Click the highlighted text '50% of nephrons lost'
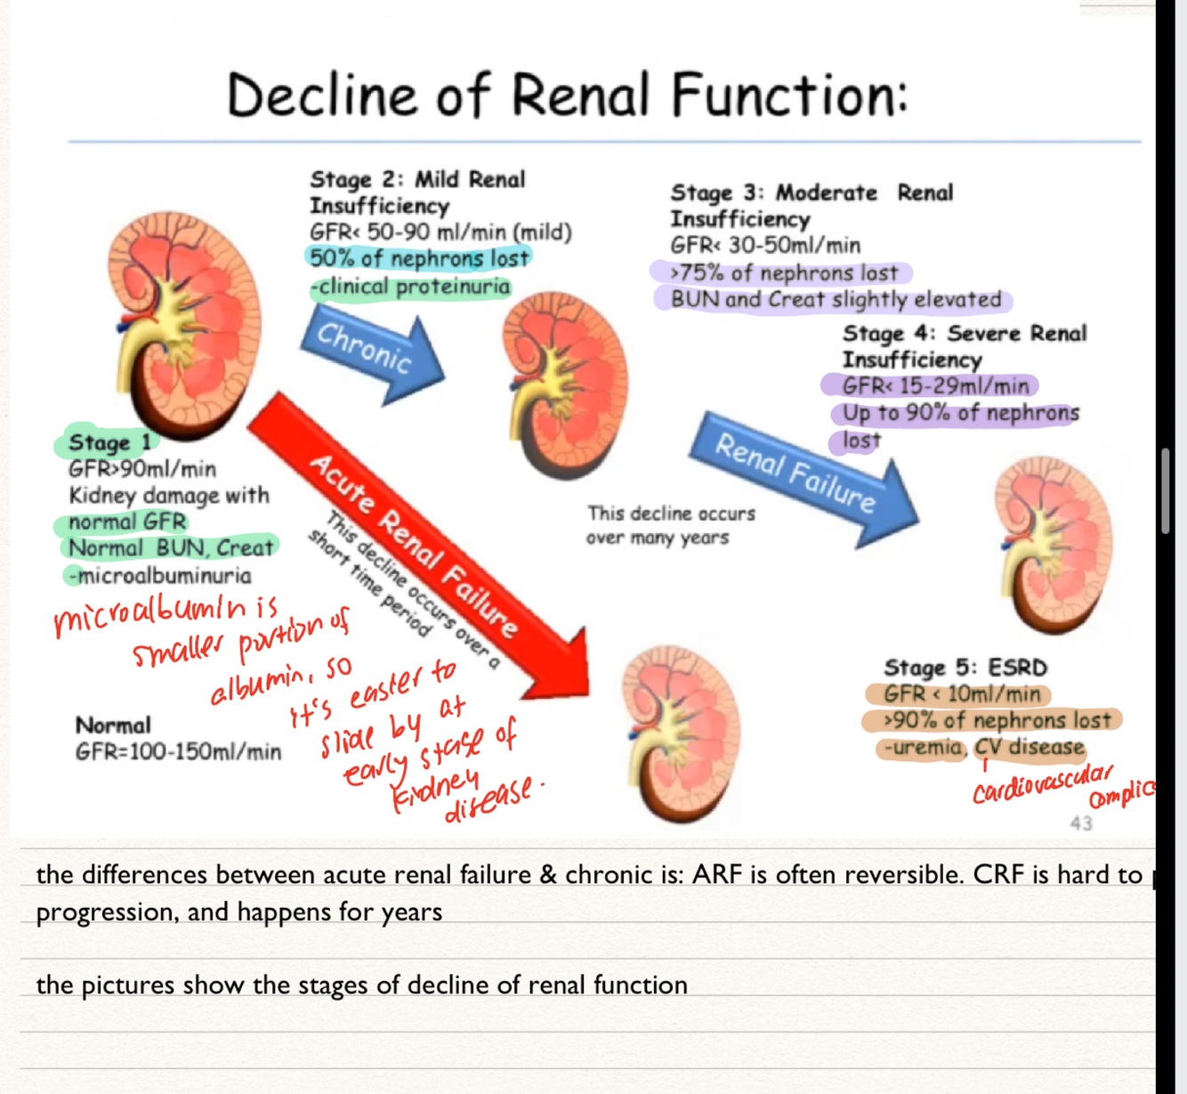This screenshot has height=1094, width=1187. pyautogui.click(x=419, y=258)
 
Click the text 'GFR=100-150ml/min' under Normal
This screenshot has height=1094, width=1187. pyautogui.click(x=178, y=752)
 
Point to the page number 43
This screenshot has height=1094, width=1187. pyautogui.click(x=1081, y=823)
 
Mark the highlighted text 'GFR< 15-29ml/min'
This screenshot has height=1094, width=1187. pyautogui.click(x=936, y=386)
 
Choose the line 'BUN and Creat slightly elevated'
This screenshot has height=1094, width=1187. pyautogui.click(x=836, y=299)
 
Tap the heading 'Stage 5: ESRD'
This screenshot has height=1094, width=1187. pyautogui.click(x=965, y=668)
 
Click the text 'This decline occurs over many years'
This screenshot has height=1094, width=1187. pyautogui.click(x=670, y=525)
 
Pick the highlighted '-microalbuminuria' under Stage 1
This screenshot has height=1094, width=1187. pyautogui.click(x=160, y=575)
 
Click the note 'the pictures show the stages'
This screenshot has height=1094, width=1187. pyautogui.click(x=361, y=985)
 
